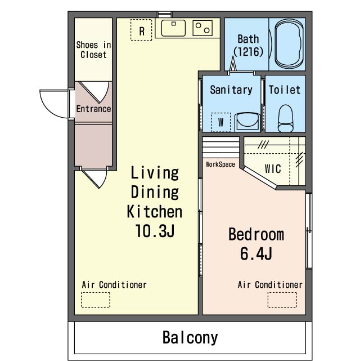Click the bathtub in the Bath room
[x=289, y=44]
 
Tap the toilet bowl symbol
[x=286, y=118]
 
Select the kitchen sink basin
[x=173, y=28]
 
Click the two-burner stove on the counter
[x=202, y=28]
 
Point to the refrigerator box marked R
[x=141, y=30]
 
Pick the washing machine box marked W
[x=220, y=122]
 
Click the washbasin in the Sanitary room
[x=247, y=122]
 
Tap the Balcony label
[x=190, y=338]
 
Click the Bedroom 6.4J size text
[x=256, y=253]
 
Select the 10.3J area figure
[x=155, y=231]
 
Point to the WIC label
[x=273, y=169]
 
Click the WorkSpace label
[x=220, y=164]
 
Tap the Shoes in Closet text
[x=93, y=50]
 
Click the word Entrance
[x=93, y=109]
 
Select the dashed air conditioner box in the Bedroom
[x=282, y=300]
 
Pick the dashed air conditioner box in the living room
[x=96, y=300]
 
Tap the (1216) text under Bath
[x=248, y=52]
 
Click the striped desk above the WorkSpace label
[x=220, y=148]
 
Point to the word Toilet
[x=285, y=90]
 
